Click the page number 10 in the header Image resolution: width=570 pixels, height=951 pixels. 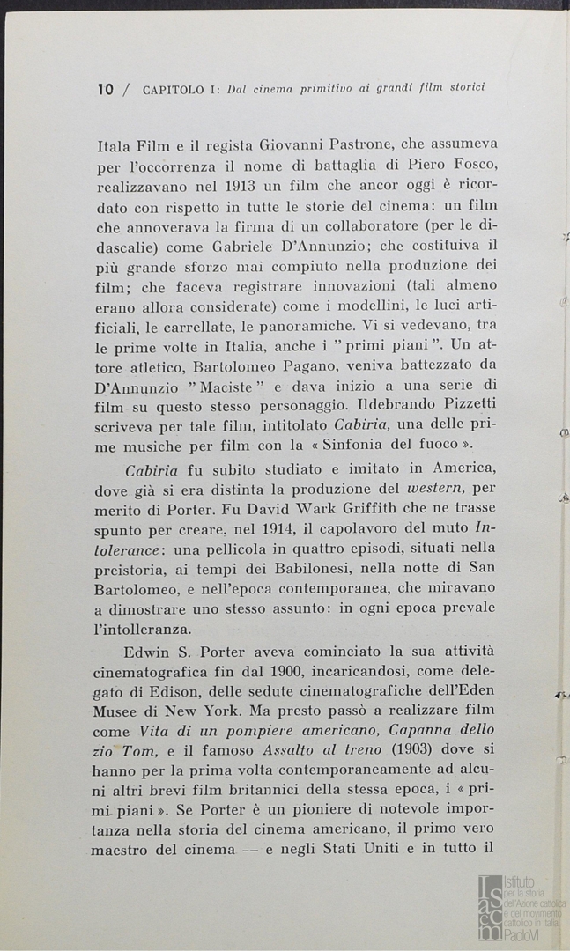click(106, 88)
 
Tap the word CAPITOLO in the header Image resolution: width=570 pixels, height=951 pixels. click(171, 88)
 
